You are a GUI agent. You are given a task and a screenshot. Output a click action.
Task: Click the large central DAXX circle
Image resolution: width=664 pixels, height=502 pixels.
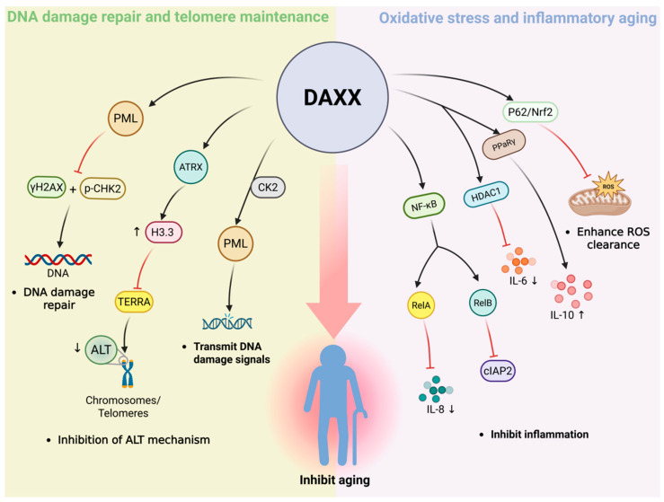(x=332, y=97)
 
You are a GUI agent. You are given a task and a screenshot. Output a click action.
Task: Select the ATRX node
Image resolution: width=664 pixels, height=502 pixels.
(x=191, y=167)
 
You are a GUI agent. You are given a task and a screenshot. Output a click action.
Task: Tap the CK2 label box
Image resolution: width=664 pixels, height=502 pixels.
(x=268, y=187)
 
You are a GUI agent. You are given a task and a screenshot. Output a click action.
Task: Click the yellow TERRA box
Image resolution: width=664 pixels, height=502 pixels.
(x=134, y=302)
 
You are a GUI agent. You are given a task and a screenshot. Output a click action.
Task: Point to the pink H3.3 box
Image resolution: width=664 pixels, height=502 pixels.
(x=163, y=233)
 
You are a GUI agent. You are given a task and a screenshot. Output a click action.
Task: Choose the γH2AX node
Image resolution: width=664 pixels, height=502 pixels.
(x=47, y=187)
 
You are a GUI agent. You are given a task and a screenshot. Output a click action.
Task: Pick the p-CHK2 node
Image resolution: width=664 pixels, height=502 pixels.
(x=102, y=189)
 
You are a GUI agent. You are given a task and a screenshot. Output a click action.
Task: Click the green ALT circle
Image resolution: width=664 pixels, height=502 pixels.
(x=101, y=349)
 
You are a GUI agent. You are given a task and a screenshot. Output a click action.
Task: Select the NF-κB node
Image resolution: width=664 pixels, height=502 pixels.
(x=424, y=207)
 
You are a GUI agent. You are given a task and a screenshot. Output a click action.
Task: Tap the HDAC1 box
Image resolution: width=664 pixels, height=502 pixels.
(x=486, y=195)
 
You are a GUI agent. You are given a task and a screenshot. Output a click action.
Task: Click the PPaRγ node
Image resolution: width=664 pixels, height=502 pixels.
(x=504, y=145)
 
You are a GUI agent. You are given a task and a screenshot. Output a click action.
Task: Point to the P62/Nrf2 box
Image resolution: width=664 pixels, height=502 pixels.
(x=530, y=112)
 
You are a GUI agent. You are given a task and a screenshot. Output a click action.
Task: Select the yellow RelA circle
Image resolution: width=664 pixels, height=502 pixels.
(x=421, y=305)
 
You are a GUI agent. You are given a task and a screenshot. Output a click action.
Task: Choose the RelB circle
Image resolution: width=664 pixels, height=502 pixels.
(x=483, y=303)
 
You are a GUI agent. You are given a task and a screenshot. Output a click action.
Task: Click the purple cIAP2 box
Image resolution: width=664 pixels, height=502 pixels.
(x=498, y=371)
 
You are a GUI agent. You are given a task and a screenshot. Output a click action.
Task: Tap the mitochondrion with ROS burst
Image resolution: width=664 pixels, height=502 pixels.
(x=600, y=195)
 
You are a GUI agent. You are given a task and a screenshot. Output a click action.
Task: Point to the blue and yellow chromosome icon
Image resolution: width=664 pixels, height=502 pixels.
(x=128, y=373)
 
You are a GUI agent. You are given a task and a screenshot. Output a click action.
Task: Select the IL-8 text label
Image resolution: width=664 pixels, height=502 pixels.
(x=435, y=410)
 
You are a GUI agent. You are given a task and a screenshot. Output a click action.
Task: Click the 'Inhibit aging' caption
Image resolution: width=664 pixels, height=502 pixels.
(x=334, y=480)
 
